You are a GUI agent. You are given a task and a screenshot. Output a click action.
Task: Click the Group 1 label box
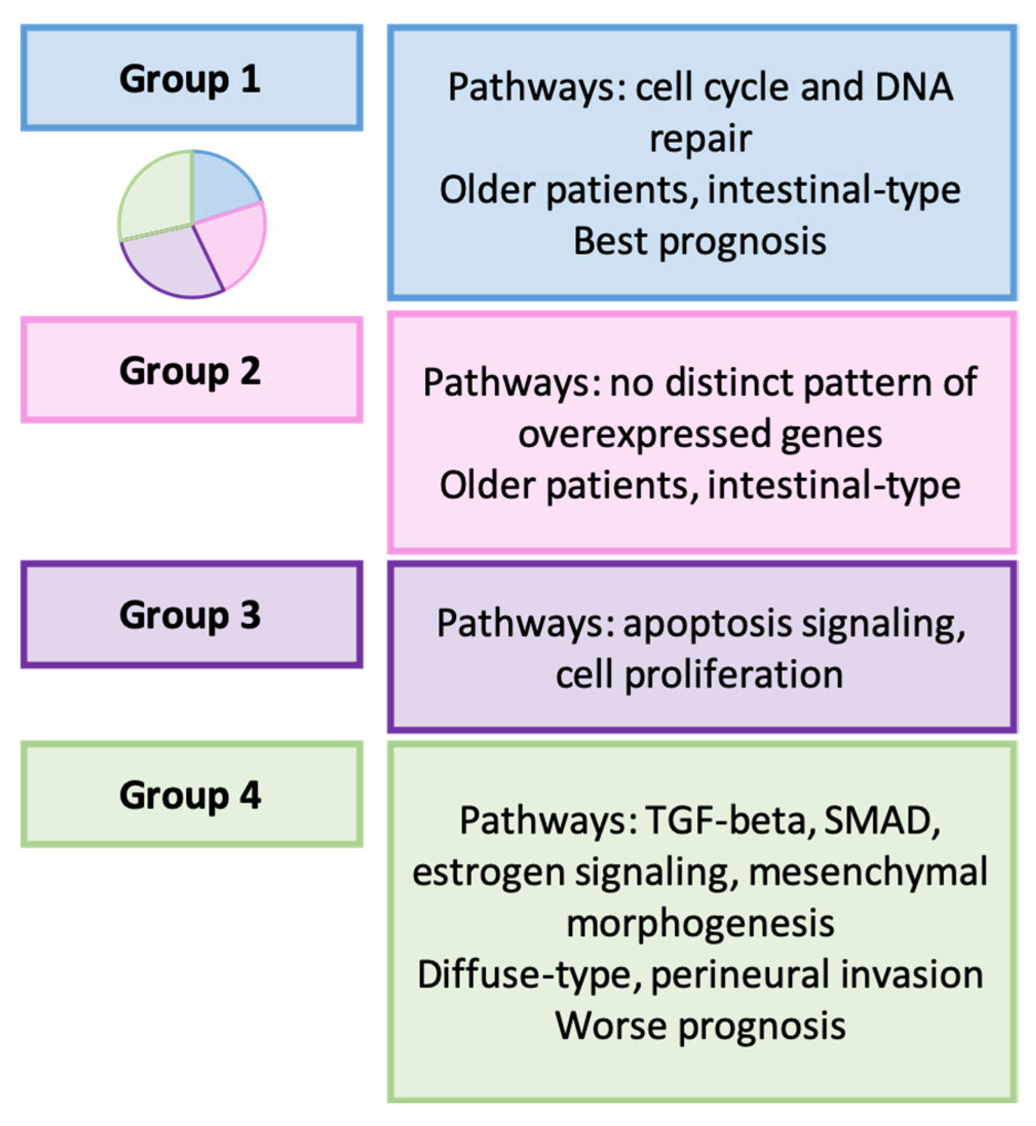[x=192, y=78]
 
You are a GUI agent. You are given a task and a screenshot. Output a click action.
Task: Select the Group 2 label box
[x=192, y=370]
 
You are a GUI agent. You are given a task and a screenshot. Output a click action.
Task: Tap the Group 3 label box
[x=192, y=614]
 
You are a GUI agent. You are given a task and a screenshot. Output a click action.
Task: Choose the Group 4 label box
[x=192, y=795]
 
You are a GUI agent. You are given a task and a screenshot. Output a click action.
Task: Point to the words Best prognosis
[x=700, y=242]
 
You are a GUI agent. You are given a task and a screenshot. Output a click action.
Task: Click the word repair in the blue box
[x=700, y=139]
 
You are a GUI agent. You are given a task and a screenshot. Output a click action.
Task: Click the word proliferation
[x=734, y=675]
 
